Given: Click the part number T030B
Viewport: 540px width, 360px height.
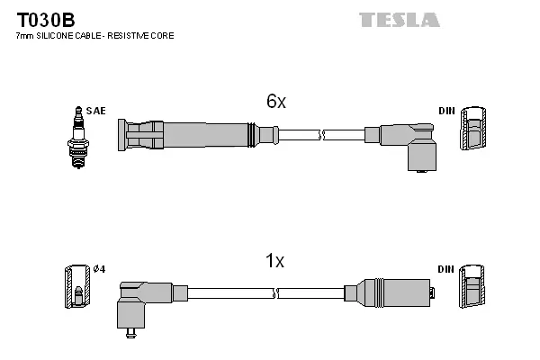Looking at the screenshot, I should tap(43, 18).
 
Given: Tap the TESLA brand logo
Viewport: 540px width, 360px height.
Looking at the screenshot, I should tap(399, 19).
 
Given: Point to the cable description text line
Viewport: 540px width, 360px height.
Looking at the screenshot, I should tap(94, 36).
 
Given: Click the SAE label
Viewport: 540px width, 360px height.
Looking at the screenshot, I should tap(97, 110).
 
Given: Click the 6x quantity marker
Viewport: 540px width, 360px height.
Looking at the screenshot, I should tap(275, 102).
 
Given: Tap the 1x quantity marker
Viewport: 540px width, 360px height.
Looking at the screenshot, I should tap(274, 261).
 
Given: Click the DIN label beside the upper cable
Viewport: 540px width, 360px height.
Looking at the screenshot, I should tap(446, 110).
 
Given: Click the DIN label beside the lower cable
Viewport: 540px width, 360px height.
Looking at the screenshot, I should tap(446, 269).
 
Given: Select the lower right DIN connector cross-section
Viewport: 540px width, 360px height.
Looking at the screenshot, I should tap(472, 290).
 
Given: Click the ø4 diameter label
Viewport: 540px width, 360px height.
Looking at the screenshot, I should tap(100, 270).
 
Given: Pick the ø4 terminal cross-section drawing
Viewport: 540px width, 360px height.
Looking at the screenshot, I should tap(78, 290).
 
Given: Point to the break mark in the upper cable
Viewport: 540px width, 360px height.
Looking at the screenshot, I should tap(322, 135).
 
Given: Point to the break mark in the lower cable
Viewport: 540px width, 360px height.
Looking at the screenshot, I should tap(275, 292).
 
